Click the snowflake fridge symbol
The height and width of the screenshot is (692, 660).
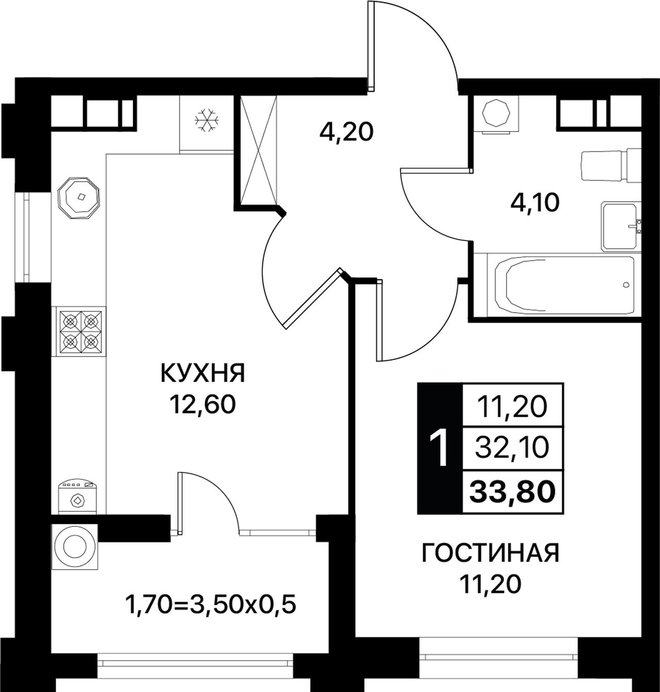coord(207,121)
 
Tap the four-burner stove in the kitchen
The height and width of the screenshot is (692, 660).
coord(81,331)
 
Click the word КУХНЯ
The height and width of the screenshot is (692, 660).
coord(203,373)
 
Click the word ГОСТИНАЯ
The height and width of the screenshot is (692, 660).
coord(490,554)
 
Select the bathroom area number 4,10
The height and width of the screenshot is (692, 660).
coord(535,203)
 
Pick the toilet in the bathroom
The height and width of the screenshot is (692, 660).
coord(611,166)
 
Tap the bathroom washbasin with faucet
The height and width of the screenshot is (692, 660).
coord(621,226)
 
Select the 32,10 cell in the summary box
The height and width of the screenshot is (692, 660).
coord(512,449)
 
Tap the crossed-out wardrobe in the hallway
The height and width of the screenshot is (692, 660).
coord(258,150)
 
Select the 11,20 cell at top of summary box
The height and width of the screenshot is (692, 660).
coord(512,407)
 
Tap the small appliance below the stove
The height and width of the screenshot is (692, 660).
coord(77,495)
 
